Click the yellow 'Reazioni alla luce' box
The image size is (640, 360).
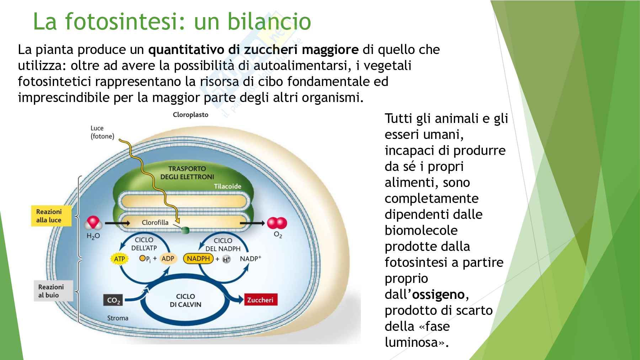click(x=50, y=216)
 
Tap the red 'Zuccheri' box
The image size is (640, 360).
click(x=260, y=300)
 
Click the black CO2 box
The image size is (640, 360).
click(x=114, y=300)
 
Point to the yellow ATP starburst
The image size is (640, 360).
click(x=119, y=259)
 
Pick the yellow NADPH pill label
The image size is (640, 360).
click(x=198, y=258)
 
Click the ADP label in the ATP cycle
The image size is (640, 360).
click(x=168, y=258)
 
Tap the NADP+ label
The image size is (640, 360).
click(x=250, y=258)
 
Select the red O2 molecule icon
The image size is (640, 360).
click(x=277, y=223)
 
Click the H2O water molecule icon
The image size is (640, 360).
click(x=93, y=224)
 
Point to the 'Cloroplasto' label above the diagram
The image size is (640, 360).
click(x=191, y=114)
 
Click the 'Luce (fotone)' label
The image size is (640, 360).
click(x=102, y=132)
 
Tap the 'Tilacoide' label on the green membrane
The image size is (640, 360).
click(x=228, y=186)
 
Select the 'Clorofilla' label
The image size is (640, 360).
click(x=155, y=222)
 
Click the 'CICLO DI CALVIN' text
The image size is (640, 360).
click(x=185, y=300)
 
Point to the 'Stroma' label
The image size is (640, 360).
click(x=118, y=318)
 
